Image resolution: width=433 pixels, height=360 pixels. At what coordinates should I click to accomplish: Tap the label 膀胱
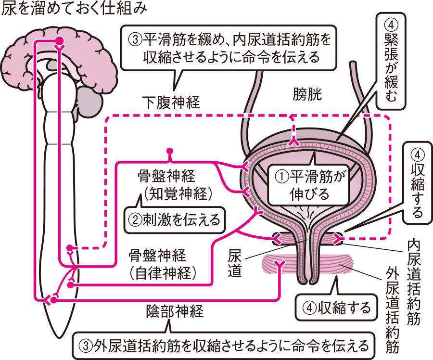[307, 95]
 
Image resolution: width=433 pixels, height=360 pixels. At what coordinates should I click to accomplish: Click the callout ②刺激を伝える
[174, 220]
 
